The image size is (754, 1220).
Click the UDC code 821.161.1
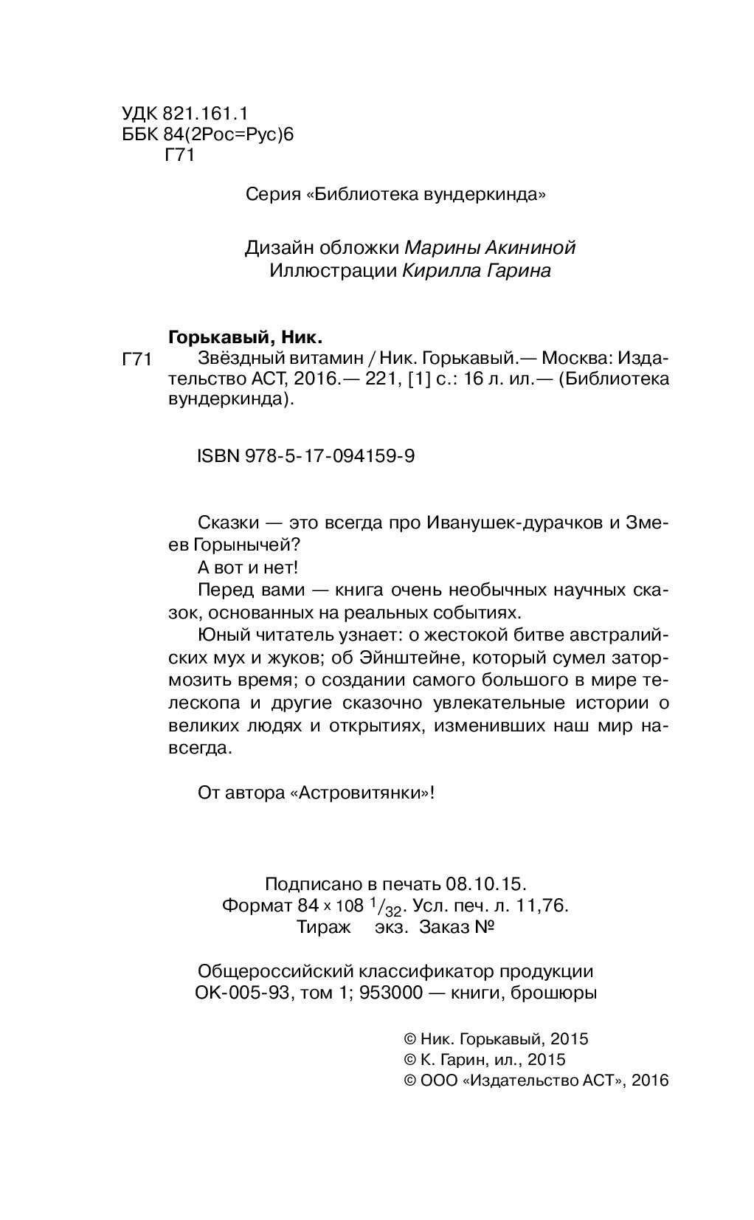click(206, 114)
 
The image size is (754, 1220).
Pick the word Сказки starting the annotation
click(229, 523)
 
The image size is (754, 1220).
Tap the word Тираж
click(323, 927)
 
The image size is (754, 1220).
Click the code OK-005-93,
click(241, 993)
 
